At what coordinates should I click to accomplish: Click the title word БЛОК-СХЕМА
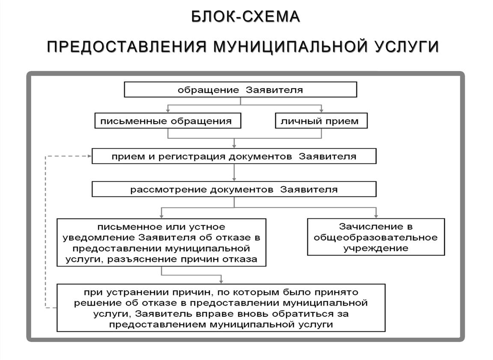point(246,17)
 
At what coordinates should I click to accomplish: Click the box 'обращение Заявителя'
point(241,89)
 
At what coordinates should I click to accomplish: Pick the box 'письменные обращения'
point(168,121)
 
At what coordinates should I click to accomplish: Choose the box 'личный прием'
point(321,121)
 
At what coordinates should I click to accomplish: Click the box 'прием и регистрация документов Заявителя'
point(234,156)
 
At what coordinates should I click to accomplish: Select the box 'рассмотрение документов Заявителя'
point(234,189)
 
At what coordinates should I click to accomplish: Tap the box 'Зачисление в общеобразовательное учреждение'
point(376,237)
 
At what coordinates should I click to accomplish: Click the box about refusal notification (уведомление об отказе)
point(161,243)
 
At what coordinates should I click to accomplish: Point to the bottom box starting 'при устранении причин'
point(221,308)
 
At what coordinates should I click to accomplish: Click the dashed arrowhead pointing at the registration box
point(89,156)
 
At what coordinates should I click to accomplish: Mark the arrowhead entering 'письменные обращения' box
point(168,111)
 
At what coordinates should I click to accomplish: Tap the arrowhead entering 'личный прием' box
point(321,111)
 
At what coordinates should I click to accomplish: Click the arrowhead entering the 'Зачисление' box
point(376,216)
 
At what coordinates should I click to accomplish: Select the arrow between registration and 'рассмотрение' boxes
point(234,173)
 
